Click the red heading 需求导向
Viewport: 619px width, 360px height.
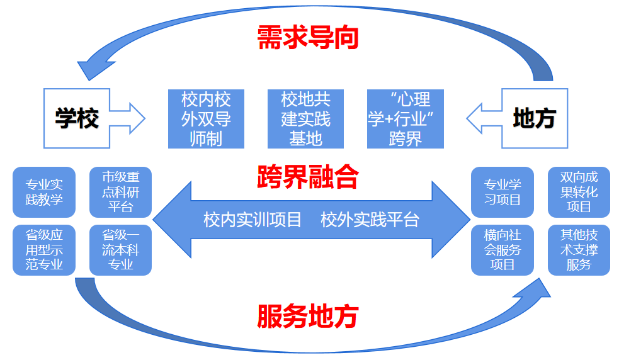308,38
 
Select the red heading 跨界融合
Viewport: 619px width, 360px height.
308,176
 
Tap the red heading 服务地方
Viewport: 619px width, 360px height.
308,316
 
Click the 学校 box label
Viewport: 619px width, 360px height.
77,118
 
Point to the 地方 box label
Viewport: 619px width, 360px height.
535,118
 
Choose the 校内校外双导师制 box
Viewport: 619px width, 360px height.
206,119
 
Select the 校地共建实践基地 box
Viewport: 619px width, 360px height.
305,119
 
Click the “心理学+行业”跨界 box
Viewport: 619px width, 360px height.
406,119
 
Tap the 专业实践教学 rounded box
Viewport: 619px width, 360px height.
44,192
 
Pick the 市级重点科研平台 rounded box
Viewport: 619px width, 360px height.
120,192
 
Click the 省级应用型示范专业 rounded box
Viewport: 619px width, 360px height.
44,250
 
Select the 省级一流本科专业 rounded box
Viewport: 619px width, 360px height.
120,250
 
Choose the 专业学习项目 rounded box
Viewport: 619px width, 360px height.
502,192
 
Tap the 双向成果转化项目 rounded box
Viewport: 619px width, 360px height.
579,192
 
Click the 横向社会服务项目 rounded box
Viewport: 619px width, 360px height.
502,250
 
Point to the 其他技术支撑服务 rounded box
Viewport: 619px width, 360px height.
579,250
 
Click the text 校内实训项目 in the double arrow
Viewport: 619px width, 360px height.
253,220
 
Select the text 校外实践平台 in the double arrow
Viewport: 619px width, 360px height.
370,220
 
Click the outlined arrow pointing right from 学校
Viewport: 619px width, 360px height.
127,118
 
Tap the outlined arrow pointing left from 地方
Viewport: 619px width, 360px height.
484,118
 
